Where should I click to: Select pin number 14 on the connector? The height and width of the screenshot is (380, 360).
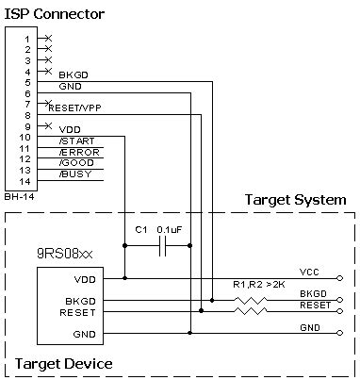27,181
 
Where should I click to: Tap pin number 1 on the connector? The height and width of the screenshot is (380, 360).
27,39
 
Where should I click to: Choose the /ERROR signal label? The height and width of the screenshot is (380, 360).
79,152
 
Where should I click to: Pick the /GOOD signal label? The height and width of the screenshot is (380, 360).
77,163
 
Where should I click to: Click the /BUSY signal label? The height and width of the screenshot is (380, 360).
76,174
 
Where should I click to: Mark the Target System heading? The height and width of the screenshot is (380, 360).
295,201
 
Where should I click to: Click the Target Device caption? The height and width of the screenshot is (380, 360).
64,363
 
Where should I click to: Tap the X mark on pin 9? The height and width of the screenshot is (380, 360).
48,126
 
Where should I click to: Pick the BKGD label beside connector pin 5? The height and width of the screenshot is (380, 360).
73,74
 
